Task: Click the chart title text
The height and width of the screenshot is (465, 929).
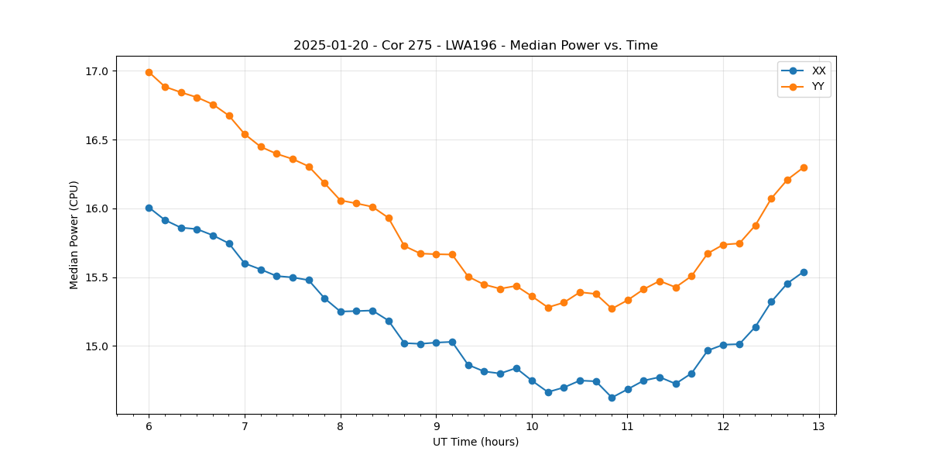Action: point(475,46)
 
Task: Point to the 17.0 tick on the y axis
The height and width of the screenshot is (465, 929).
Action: point(98,71)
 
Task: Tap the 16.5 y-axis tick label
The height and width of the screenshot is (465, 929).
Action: point(98,140)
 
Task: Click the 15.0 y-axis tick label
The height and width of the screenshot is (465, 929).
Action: point(98,346)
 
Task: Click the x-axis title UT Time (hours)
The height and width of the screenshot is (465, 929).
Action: point(475,443)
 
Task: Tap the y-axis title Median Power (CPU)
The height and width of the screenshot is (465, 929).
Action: point(74,235)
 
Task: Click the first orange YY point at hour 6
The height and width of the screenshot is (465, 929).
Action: point(149,72)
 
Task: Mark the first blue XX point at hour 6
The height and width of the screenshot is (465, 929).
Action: point(149,208)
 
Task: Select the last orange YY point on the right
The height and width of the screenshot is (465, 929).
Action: point(804,167)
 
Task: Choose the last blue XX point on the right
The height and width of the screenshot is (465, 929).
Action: point(804,272)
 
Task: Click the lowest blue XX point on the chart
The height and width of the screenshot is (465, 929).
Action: point(612,398)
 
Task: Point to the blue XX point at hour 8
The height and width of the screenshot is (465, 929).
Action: point(341,312)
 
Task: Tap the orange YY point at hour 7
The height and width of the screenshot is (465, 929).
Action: point(245,134)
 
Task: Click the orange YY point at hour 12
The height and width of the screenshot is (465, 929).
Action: point(723,245)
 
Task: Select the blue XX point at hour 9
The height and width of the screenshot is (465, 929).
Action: point(436,343)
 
